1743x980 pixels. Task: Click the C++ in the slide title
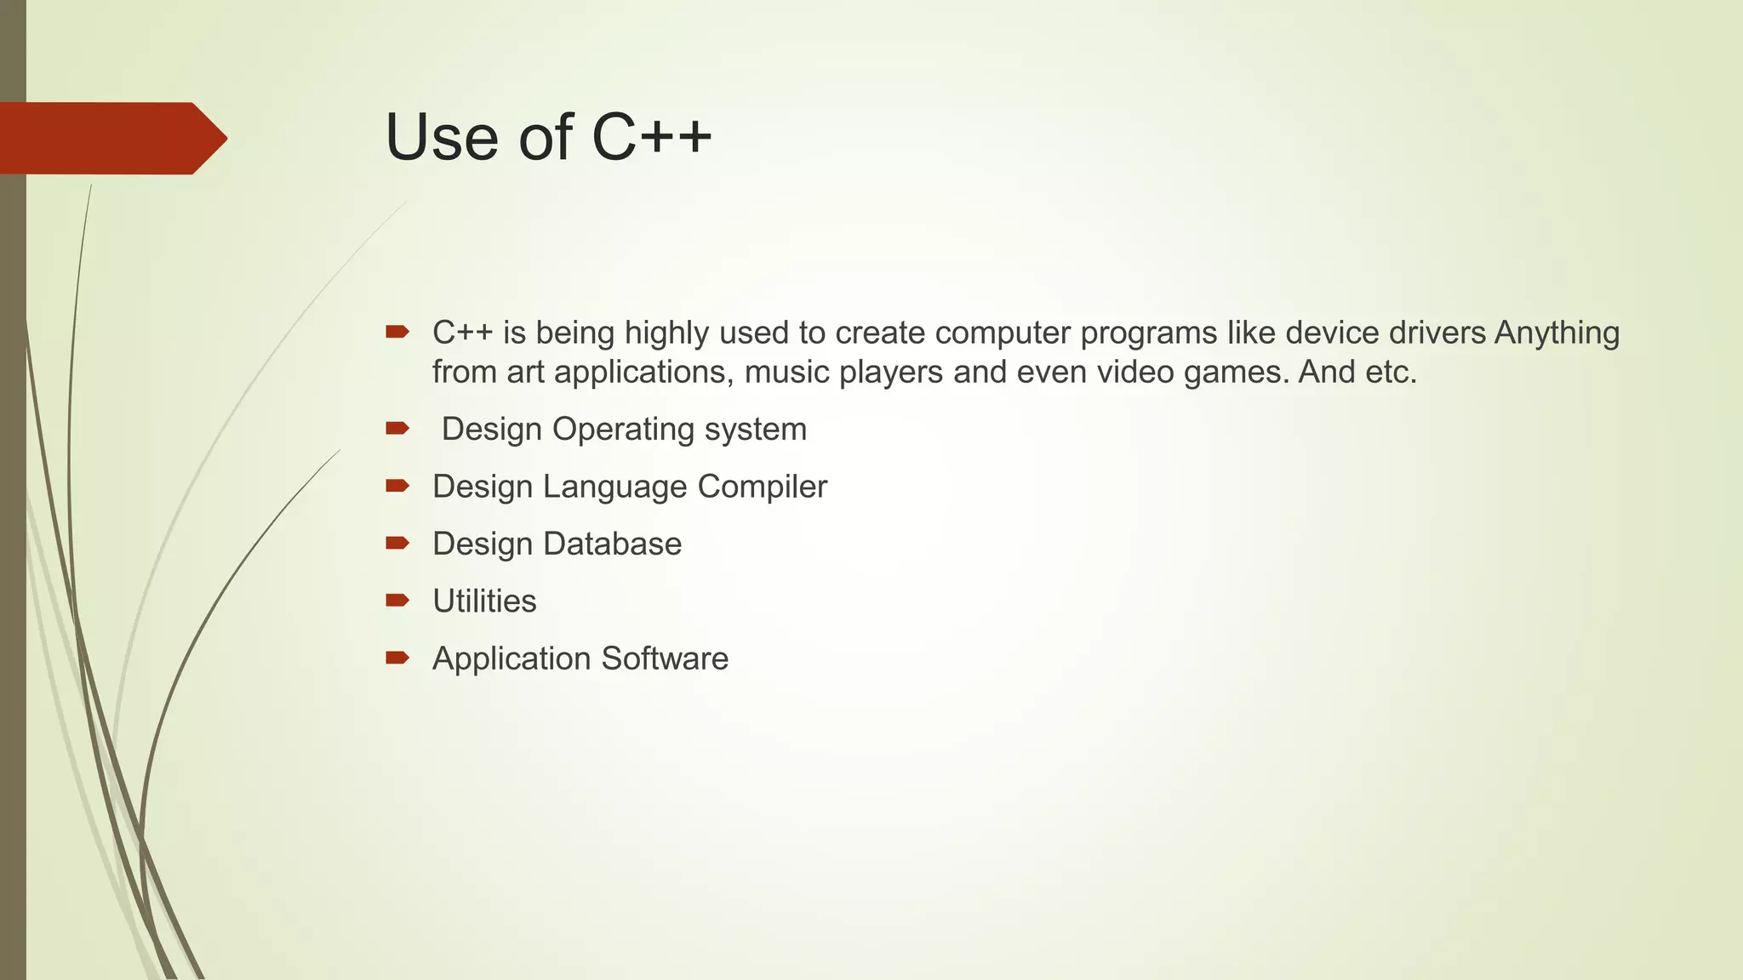tap(651, 137)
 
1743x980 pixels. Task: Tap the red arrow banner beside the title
tap(111, 138)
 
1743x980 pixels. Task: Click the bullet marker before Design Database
tap(397, 543)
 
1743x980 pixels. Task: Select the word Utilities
tap(484, 601)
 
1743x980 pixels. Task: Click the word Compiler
tap(762, 487)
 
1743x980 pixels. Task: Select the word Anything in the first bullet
tap(1557, 333)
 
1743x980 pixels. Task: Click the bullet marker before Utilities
tap(397, 601)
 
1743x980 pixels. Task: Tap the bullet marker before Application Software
tap(397, 658)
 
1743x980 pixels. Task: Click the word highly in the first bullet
tap(666, 333)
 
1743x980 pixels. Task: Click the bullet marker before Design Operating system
tap(397, 429)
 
